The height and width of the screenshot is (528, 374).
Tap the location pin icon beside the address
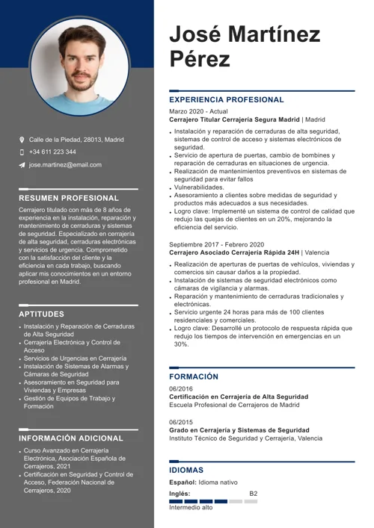point(22,140)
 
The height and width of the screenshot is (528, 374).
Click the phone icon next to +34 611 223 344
point(22,152)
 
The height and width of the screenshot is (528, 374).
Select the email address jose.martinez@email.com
point(65,164)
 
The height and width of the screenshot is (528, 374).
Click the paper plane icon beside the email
point(22,164)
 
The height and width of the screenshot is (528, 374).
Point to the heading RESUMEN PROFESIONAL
point(69,198)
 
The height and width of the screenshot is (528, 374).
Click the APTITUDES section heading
point(42,314)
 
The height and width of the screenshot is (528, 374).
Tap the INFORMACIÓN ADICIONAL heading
point(71,438)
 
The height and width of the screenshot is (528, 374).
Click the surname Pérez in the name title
point(200,59)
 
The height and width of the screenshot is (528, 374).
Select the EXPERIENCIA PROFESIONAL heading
point(227,99)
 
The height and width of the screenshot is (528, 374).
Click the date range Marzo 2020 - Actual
point(198,111)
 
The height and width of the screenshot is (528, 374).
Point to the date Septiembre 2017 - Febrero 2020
point(216,244)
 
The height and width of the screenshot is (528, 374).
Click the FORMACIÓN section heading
point(194,377)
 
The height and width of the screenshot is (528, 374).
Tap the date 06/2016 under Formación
point(180,389)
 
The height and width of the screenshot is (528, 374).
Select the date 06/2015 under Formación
point(180,422)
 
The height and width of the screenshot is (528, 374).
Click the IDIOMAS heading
point(186,470)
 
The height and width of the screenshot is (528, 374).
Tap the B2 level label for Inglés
point(253,494)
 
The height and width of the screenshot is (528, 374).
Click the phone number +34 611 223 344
point(52,152)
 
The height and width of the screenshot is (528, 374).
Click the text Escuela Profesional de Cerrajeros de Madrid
point(234,405)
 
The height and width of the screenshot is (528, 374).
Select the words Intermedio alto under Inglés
point(191,508)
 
